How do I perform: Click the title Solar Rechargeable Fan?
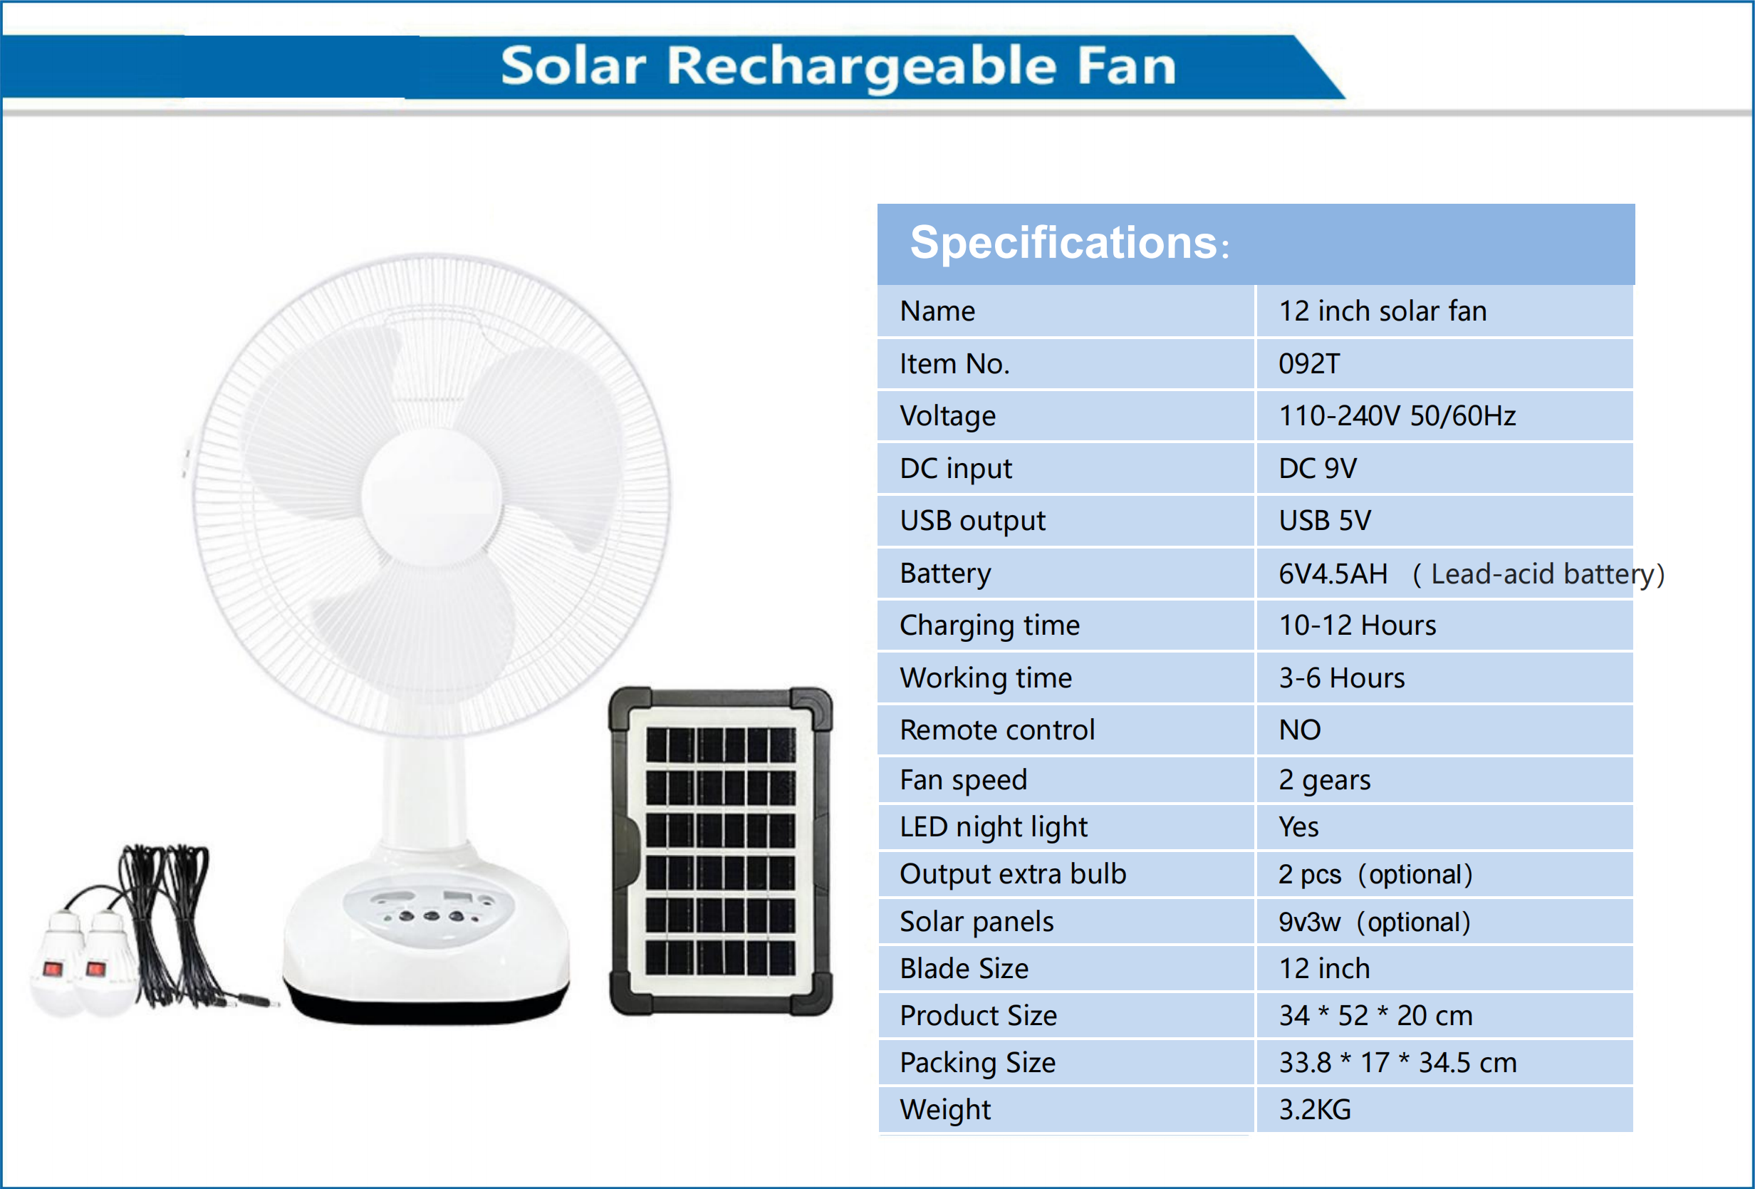(x=838, y=66)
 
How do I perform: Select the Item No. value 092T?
(x=1308, y=364)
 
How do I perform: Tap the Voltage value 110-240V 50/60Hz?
(x=1397, y=416)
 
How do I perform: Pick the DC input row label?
(x=955, y=468)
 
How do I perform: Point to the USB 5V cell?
(x=1325, y=521)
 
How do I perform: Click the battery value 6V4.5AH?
(x=1333, y=574)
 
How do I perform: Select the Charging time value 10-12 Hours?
(x=1357, y=625)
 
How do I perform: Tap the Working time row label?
(x=986, y=677)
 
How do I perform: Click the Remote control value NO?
(x=1300, y=730)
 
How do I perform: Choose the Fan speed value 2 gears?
(x=1324, y=779)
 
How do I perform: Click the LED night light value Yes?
(x=1298, y=827)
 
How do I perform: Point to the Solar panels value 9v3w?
(x=1309, y=923)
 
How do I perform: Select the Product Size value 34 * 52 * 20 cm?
(x=1375, y=1016)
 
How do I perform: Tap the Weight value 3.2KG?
(x=1315, y=1110)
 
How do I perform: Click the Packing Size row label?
(x=977, y=1063)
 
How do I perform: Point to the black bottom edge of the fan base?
(x=427, y=1009)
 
